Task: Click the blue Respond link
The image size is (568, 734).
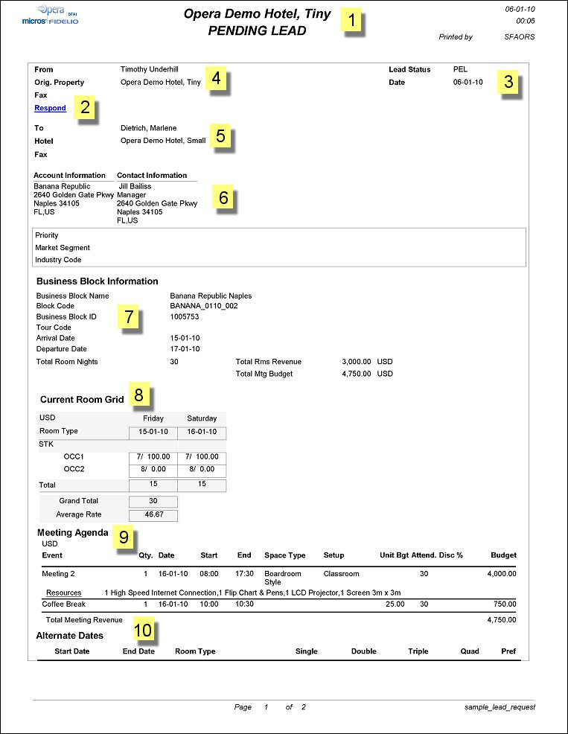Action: coord(50,108)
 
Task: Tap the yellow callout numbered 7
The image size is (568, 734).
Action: coord(128,316)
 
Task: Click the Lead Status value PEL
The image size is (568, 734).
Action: coord(461,69)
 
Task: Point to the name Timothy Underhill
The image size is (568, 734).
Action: coord(149,69)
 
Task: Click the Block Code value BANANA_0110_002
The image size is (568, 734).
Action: coord(204,306)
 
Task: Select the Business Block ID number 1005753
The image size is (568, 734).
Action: coord(185,316)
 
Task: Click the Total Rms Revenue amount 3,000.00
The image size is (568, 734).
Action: coord(356,362)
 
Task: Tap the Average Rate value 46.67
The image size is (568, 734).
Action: coord(153,514)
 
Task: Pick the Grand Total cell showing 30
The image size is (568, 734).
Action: coord(153,501)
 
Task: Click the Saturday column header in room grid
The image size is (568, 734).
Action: coord(202,418)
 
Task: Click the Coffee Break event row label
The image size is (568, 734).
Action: coord(65,604)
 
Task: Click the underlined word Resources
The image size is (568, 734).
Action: coord(64,593)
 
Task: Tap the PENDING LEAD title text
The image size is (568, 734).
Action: coord(257,31)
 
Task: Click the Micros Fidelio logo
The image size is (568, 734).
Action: coord(51,16)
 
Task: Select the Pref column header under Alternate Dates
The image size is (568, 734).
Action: coord(508,651)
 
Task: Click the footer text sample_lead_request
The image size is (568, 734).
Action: coord(499,707)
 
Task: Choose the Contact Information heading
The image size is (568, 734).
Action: coord(152,176)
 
